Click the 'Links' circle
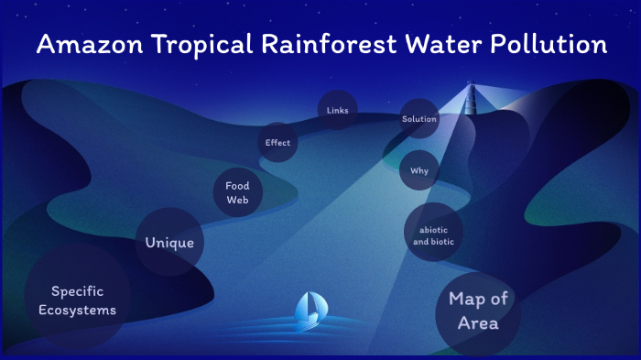[337, 111]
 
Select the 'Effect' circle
[277, 142]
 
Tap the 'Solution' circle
[419, 119]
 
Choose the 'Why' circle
[419, 170]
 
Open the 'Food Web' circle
[238, 193]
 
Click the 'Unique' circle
[169, 243]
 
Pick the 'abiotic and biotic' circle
[433, 235]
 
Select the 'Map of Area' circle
[477, 311]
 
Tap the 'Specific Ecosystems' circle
[77, 300]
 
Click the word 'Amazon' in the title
[88, 44]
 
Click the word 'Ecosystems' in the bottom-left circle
[77, 311]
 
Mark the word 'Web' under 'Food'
[238, 201]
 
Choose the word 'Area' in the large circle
[477, 323]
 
